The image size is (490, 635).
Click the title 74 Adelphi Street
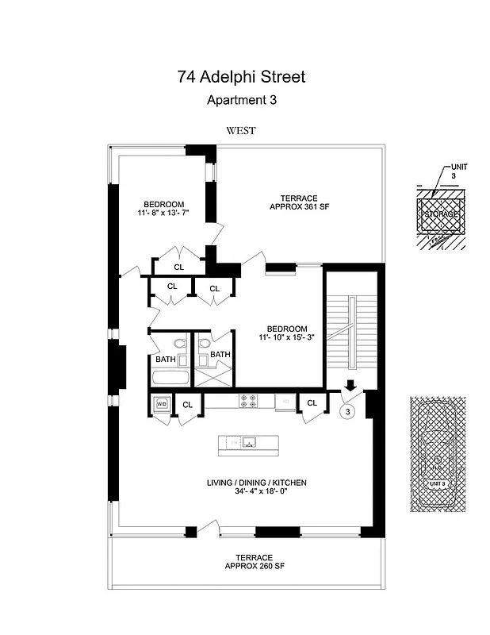pos(241,77)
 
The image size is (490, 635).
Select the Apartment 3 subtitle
pos(241,100)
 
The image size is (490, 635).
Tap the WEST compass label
pos(240,131)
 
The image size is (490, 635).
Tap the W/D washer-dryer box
pos(161,404)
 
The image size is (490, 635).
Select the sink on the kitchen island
pos(248,442)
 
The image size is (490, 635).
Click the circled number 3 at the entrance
pos(346,411)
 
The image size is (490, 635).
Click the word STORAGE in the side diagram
pos(441,214)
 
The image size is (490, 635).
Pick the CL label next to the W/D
pos(188,405)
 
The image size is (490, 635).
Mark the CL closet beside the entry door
pos(312,403)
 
